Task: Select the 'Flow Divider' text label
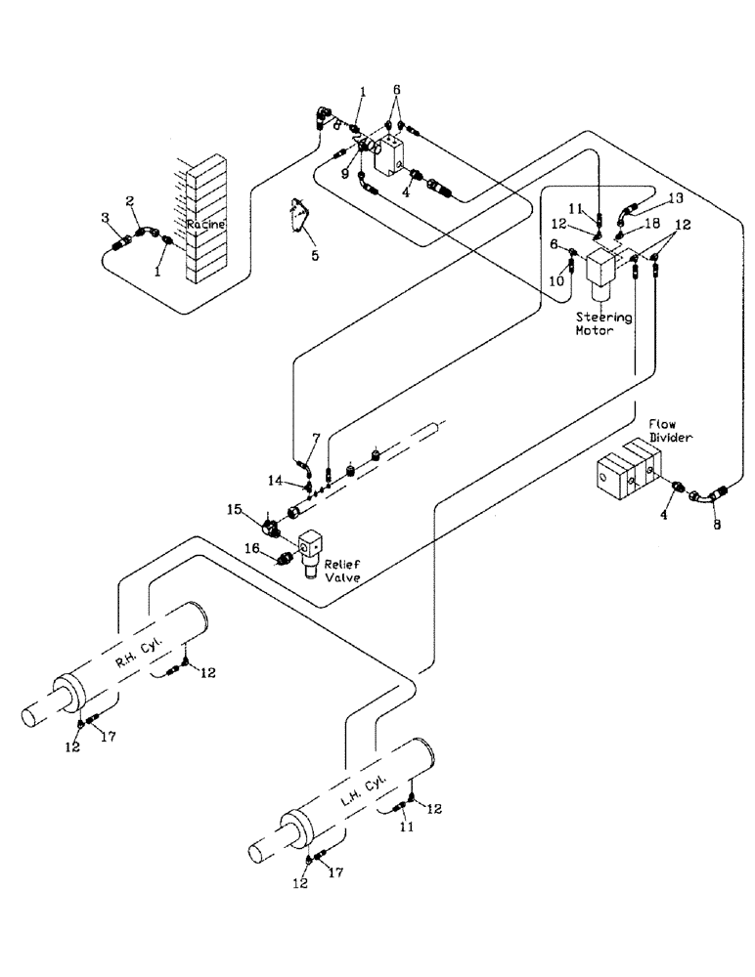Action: click(671, 432)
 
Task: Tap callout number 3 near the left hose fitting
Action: click(106, 216)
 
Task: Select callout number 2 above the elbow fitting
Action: click(131, 200)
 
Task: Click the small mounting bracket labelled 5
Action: click(299, 220)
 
